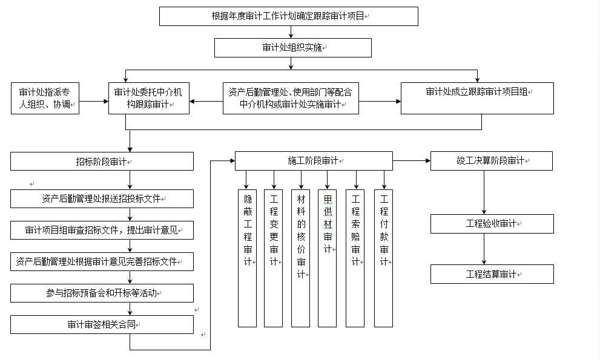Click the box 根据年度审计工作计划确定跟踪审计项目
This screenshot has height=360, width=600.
click(x=288, y=16)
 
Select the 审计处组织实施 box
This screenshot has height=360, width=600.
click(x=292, y=48)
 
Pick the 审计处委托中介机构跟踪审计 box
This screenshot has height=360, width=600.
click(x=149, y=98)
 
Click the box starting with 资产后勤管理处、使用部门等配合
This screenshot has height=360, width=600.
click(x=291, y=98)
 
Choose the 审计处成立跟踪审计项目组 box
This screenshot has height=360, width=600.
click(x=477, y=98)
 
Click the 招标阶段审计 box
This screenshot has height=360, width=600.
click(x=102, y=162)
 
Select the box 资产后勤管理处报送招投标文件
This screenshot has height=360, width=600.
click(x=102, y=198)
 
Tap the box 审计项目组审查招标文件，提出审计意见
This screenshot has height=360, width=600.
click(x=102, y=231)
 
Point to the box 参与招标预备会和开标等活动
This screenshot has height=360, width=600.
click(x=102, y=293)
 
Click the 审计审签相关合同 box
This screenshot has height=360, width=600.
click(x=102, y=325)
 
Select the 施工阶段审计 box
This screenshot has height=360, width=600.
click(x=314, y=161)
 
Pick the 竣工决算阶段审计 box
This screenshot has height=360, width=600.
click(x=492, y=161)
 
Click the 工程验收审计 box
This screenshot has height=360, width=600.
click(x=492, y=224)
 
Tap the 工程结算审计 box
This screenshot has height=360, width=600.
click(x=492, y=274)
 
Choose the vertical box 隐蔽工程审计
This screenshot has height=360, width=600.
click(x=247, y=258)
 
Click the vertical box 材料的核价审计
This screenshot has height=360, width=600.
click(x=301, y=258)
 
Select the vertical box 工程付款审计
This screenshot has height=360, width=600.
click(x=383, y=258)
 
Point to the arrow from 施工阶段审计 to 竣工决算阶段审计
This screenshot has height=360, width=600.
click(x=411, y=161)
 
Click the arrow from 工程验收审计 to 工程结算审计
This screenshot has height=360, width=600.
click(x=484, y=249)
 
